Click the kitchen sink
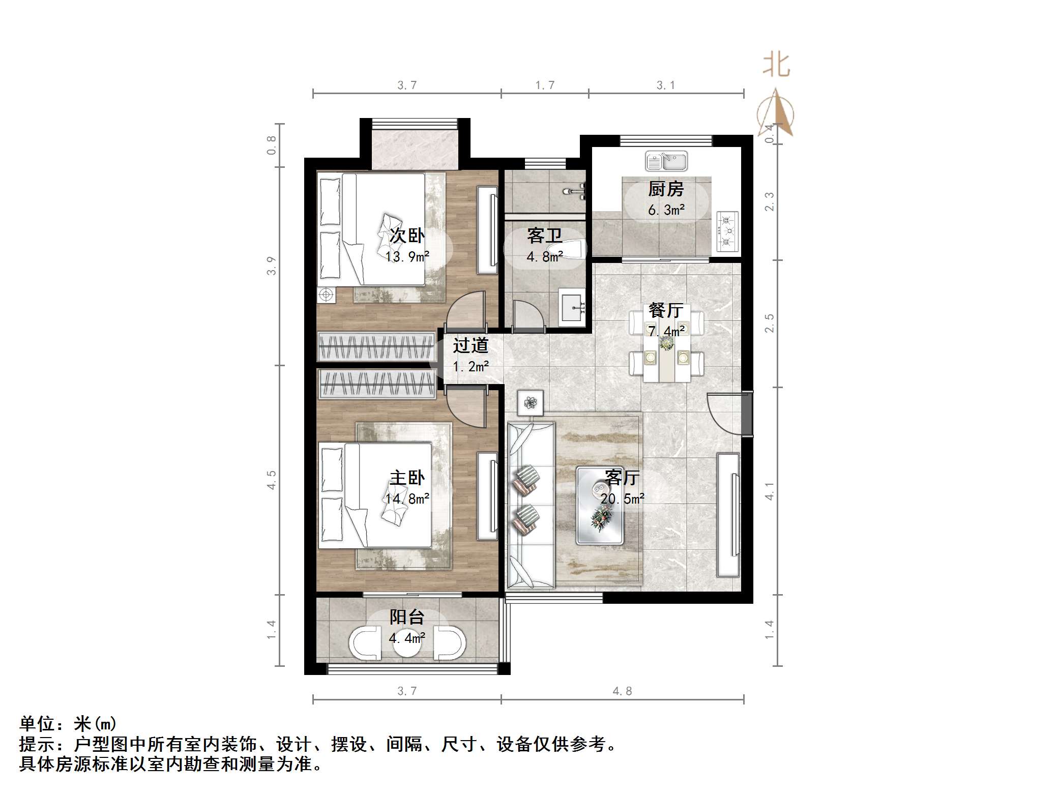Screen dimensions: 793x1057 (666, 161)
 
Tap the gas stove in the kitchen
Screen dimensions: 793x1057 (727, 231)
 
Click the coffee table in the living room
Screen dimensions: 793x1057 (600, 505)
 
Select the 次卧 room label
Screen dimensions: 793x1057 (407, 236)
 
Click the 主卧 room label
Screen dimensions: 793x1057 (407, 478)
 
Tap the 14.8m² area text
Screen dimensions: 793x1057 (407, 498)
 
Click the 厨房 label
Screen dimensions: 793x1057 (666, 189)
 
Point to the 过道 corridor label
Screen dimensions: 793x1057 (471, 345)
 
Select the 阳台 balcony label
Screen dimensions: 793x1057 (407, 617)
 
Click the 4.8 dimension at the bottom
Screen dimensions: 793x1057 (622, 691)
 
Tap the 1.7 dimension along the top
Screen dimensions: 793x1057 (545, 85)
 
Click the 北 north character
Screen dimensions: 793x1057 (776, 66)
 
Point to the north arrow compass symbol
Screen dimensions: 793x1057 (776, 113)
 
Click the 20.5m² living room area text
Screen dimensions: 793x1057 (622, 498)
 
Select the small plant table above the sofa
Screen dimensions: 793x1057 (531, 403)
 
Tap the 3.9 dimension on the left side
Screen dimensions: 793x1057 (272, 266)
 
